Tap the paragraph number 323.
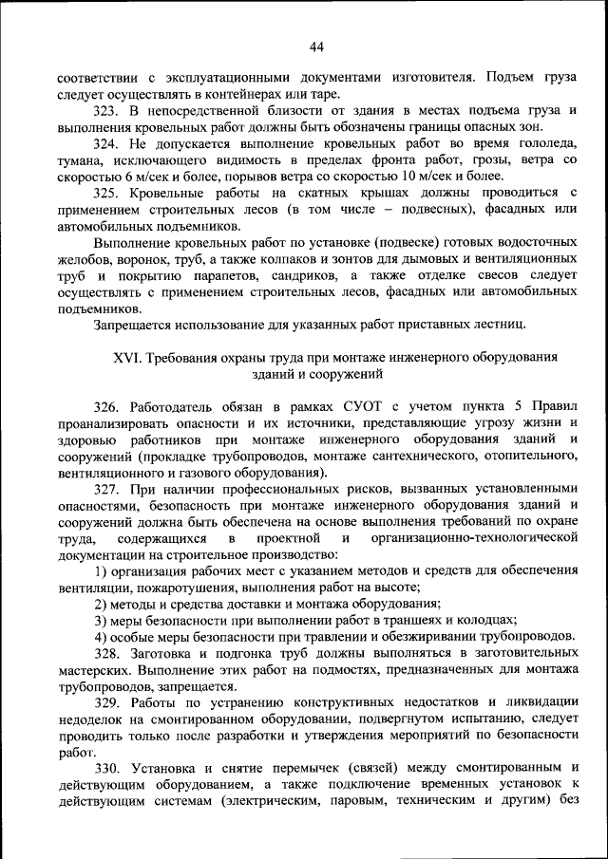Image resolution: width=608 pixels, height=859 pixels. point(106,111)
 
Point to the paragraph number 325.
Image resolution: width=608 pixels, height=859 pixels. point(106,193)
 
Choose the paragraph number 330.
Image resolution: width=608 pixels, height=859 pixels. point(106,768)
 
